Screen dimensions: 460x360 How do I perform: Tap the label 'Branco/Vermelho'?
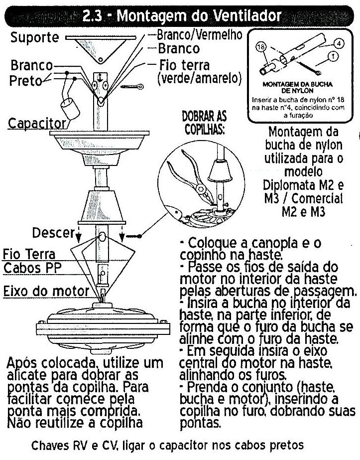click(199, 35)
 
